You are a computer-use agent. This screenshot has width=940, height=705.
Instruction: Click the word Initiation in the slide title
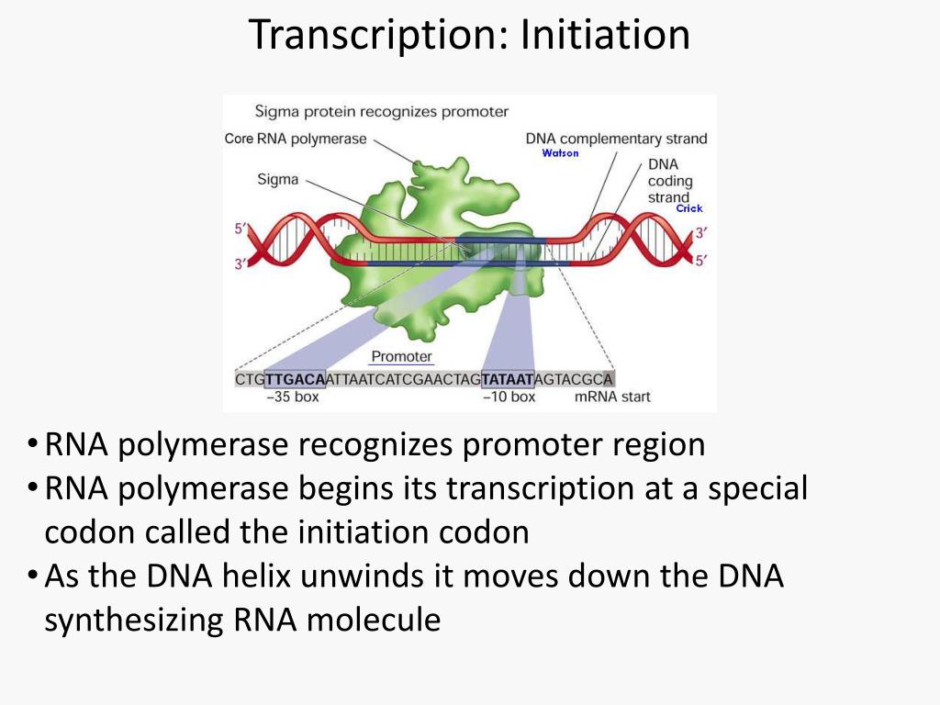point(606,34)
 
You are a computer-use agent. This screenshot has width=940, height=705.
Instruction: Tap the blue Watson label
point(561,153)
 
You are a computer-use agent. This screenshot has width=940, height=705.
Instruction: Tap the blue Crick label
point(689,208)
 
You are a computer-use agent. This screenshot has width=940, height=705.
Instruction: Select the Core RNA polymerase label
point(296,139)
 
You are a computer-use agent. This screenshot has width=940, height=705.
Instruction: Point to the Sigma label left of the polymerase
point(277,179)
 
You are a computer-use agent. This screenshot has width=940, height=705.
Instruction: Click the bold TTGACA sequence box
point(295,379)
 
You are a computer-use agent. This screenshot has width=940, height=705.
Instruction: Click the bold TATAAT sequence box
point(507,379)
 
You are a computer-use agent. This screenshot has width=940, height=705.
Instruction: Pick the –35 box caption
point(293,397)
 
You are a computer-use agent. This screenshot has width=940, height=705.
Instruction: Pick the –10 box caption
point(509,397)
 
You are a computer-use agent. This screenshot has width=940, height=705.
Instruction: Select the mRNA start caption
point(612,397)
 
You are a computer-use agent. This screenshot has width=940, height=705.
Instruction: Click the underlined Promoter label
point(402,357)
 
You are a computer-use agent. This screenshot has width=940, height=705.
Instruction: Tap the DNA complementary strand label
point(616,139)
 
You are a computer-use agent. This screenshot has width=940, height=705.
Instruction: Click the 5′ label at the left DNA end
point(241,229)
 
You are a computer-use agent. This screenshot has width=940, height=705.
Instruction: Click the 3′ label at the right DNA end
point(700,232)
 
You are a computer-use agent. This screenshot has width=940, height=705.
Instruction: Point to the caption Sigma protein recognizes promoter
point(381,111)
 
